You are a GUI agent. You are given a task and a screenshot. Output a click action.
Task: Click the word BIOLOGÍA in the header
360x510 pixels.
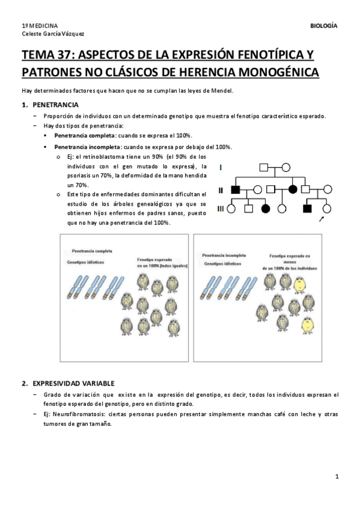pos(323,26)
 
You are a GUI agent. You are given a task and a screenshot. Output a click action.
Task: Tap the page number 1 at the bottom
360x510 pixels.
pos(337,476)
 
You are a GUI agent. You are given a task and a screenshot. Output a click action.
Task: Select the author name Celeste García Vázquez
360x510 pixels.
pos(53,34)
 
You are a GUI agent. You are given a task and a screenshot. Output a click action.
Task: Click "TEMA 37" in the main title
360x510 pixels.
pos(46,55)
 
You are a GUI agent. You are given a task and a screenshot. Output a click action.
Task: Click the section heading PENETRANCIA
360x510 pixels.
pos(55,105)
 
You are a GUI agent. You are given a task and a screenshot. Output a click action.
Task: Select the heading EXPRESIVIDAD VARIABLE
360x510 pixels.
pos(73,384)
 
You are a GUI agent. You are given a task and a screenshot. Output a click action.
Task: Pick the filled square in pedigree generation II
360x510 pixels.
pos(235,189)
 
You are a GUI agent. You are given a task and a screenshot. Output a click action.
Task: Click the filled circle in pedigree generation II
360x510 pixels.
pos(293,189)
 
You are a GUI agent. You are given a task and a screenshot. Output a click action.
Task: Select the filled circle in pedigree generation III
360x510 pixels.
pos(266,209)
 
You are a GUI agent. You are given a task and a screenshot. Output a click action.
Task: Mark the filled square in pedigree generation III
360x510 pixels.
pos(307,209)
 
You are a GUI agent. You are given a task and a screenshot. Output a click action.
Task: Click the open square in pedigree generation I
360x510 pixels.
pos(264,168)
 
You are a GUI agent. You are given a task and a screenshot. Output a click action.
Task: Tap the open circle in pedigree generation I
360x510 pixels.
pos(285,168)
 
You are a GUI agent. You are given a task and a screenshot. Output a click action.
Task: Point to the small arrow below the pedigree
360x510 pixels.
pos(322,220)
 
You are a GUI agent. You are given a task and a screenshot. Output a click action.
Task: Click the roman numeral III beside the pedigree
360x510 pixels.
pos(221,209)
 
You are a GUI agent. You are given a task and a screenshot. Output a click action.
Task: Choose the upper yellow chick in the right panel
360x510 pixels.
pos(299,284)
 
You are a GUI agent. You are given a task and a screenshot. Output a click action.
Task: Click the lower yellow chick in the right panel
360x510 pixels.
pos(307,325)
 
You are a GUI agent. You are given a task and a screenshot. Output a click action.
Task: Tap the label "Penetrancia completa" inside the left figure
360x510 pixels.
pos(92,251)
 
